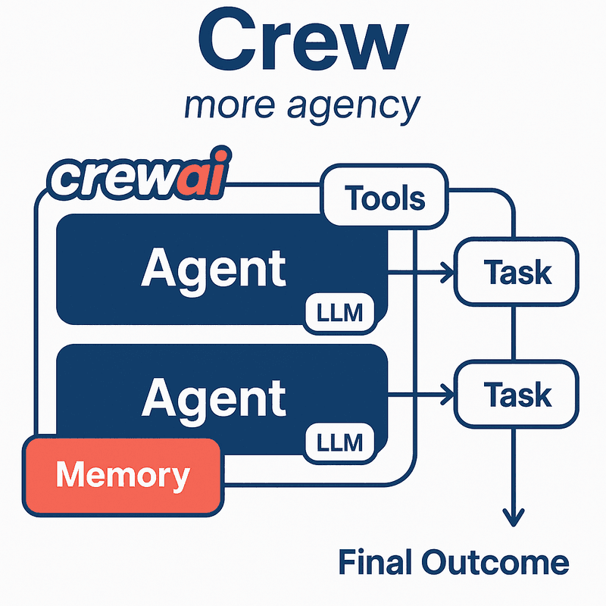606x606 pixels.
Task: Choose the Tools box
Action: point(385,198)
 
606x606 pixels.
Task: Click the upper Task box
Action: point(516,270)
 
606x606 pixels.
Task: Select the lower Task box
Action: point(516,393)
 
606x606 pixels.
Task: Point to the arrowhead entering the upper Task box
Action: point(445,270)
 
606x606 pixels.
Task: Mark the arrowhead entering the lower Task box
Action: point(445,393)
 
